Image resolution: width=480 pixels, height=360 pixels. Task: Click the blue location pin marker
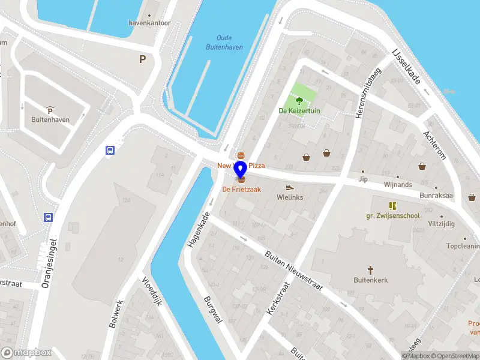240,169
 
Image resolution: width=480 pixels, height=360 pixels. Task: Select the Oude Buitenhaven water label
224,42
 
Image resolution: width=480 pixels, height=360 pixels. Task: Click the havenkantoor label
149,23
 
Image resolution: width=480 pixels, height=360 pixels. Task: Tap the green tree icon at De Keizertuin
299,101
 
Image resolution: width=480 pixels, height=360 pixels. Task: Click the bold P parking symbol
142,59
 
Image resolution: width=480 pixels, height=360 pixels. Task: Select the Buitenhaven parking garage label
50,119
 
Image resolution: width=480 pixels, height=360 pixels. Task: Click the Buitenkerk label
371,280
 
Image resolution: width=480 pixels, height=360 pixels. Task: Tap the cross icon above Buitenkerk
371,270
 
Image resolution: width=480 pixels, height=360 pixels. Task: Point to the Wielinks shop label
290,197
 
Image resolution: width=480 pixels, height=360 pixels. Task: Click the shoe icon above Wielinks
290,187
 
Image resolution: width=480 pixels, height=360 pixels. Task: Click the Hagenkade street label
199,230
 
